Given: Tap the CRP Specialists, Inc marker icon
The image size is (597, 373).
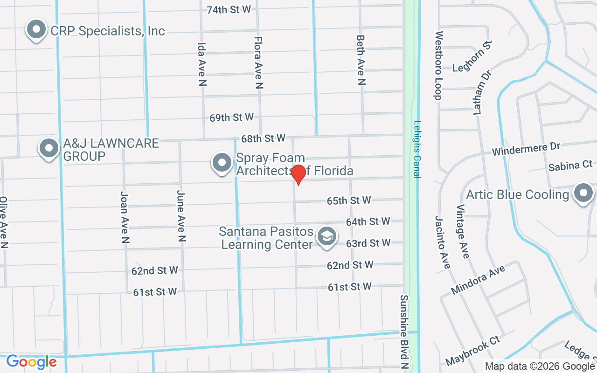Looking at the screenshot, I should tap(36, 30).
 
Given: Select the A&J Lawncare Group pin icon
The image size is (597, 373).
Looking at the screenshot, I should tap(49, 149).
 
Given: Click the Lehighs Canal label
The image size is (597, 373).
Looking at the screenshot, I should tap(417, 150).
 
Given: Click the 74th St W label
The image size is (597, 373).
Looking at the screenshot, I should tap(229, 9).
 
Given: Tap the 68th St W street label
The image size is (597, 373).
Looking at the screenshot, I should tap(263, 138).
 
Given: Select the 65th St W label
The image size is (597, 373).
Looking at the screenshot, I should tap(349, 200).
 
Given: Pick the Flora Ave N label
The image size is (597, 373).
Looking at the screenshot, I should tap(258, 62).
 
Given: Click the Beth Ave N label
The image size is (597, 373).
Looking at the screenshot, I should tap(360, 60).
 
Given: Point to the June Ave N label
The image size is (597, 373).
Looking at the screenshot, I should tap(181, 216).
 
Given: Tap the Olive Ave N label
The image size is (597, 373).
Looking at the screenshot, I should tap(4, 222).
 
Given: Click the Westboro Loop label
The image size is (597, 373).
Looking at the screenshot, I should tap(438, 65).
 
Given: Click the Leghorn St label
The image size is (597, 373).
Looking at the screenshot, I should tap(472, 56).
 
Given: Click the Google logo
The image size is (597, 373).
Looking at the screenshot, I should tap(31, 362).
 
